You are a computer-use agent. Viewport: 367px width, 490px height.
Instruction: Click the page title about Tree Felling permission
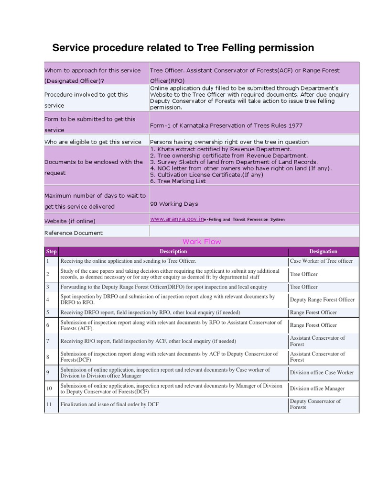click(183, 48)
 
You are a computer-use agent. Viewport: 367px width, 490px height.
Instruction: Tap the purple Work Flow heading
click(202, 242)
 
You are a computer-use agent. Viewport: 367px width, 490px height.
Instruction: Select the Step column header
click(51, 251)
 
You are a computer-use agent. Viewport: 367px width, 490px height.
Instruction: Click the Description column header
click(173, 251)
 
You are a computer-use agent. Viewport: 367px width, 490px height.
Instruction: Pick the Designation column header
click(323, 251)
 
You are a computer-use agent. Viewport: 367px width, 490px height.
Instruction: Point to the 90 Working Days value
click(174, 204)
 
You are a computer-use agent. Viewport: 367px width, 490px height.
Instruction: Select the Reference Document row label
click(74, 233)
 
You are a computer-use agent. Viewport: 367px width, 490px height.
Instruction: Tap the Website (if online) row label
click(70, 221)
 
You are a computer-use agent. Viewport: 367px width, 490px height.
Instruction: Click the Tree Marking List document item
click(178, 181)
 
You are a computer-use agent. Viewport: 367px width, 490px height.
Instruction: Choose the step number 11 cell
click(49, 404)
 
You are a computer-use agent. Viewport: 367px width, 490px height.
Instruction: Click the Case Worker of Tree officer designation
click(321, 261)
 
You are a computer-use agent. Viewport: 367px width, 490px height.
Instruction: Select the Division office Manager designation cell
click(317, 389)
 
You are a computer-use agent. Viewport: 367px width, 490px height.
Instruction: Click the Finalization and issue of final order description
click(109, 404)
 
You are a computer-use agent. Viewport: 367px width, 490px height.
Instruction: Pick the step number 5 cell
click(48, 312)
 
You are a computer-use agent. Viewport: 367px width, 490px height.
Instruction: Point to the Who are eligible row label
click(93, 142)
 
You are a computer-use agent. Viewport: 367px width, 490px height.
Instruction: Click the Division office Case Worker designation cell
click(322, 372)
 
